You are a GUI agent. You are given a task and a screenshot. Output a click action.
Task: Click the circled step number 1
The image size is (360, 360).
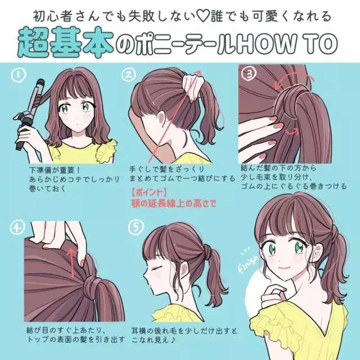pyautogui.click(x=19, y=75)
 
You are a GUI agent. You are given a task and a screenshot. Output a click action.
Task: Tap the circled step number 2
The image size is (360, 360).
pyautogui.click(x=129, y=74)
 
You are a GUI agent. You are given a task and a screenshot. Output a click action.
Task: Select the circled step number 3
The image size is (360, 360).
pyautogui.click(x=249, y=74)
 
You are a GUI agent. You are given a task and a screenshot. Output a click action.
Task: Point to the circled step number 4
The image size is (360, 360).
pyautogui.click(x=17, y=227)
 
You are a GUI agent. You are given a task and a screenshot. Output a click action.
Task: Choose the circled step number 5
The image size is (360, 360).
pyautogui.click(x=136, y=227)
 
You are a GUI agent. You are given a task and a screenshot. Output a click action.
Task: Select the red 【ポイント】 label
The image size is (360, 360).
pyautogui.click(x=148, y=192)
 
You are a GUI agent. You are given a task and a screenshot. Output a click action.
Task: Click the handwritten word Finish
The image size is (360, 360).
pyautogui.click(x=249, y=263)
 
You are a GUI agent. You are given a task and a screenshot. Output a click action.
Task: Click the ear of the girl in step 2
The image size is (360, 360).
pyautogui.click(x=161, y=116)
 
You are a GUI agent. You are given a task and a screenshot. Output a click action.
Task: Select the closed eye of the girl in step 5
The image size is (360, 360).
pyautogui.click(x=157, y=268)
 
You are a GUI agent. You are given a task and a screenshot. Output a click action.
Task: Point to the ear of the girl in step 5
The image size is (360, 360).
pyautogui.click(x=184, y=268)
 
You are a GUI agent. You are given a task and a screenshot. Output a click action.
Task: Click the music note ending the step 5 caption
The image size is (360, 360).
pyautogui.click(x=173, y=340)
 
